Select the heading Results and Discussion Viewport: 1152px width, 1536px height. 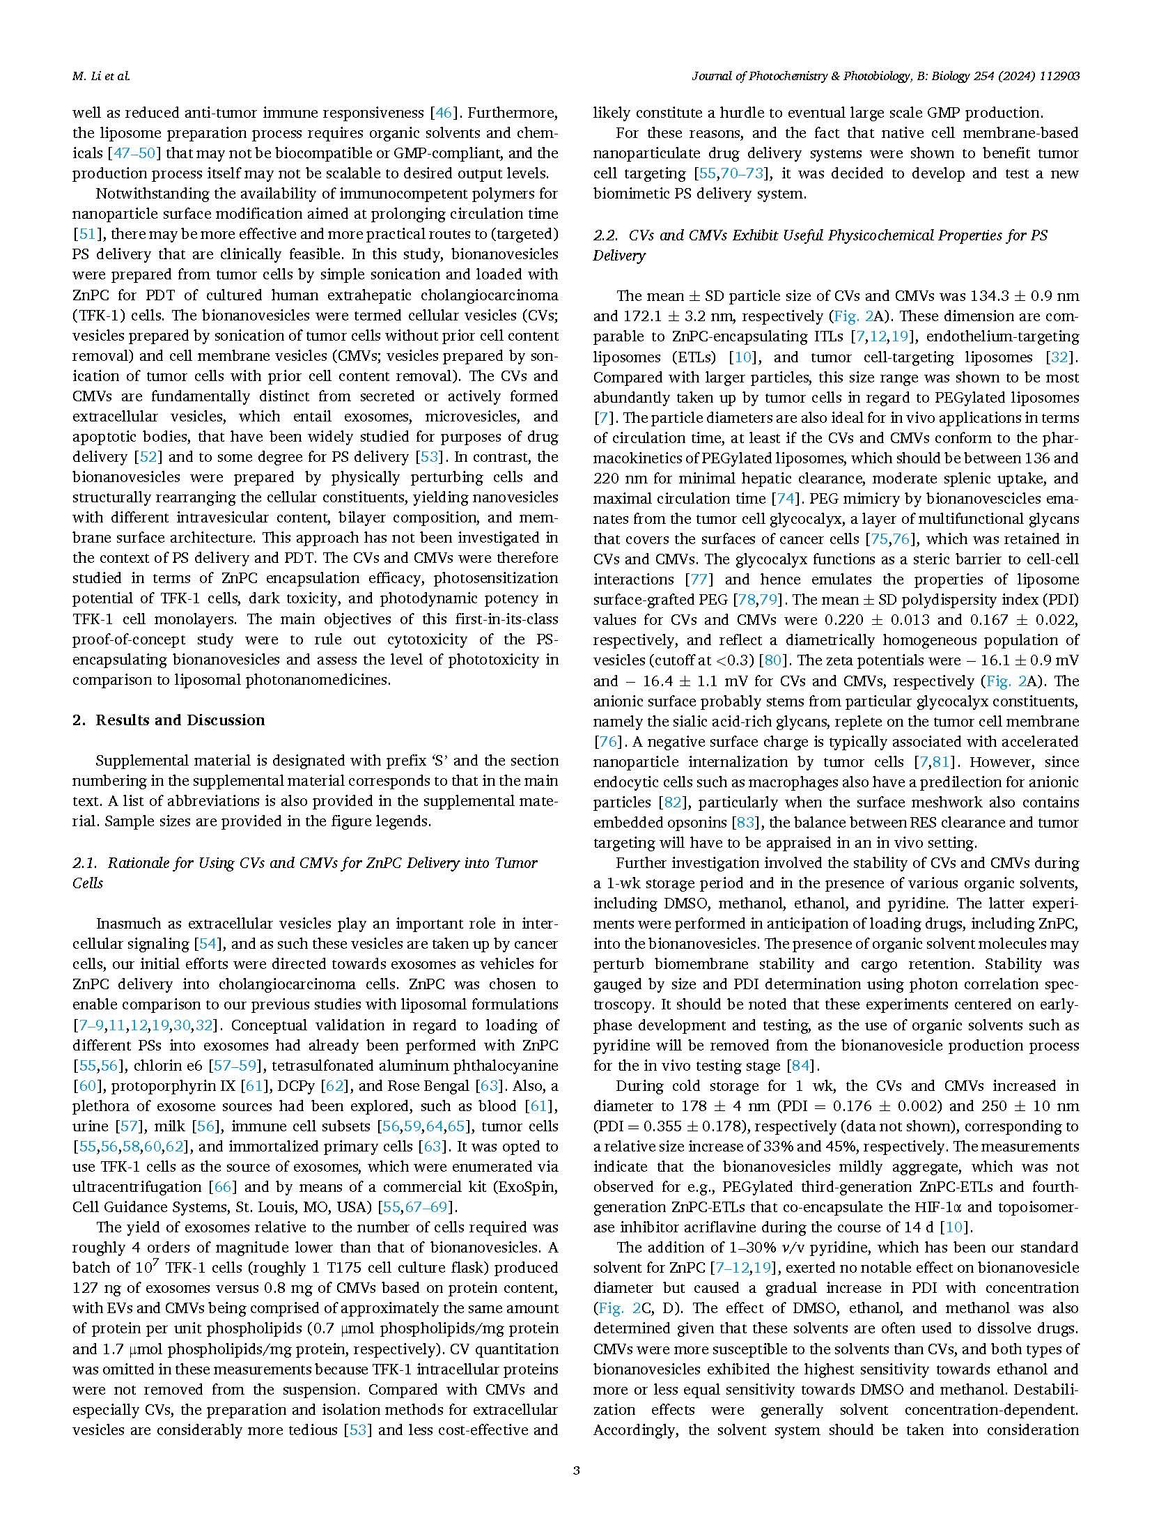pyautogui.click(x=180, y=720)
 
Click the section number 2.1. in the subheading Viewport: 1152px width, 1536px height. pyautogui.click(x=86, y=862)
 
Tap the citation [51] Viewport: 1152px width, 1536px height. pyautogui.click(x=84, y=234)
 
